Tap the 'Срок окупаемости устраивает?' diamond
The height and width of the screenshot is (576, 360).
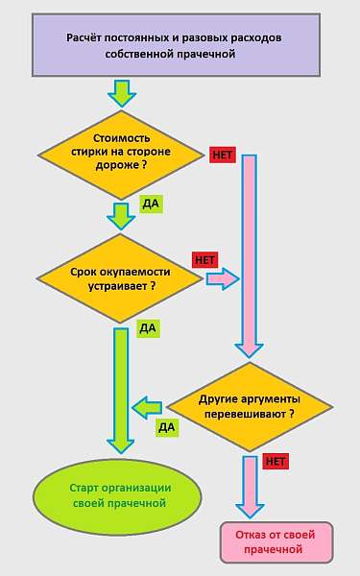(x=121, y=278)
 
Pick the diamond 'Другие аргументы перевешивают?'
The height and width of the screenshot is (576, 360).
(x=250, y=407)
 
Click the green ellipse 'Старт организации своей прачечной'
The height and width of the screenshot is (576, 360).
(x=118, y=494)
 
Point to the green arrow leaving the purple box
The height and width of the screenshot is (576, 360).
(x=122, y=93)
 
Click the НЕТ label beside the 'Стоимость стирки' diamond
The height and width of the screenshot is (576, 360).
(x=222, y=155)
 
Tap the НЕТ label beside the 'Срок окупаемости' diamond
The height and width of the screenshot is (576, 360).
(x=206, y=259)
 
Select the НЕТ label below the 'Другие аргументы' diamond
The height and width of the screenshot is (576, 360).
(x=276, y=462)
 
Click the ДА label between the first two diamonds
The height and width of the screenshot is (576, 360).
(x=151, y=204)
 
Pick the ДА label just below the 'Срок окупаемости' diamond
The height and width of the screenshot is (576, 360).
(x=147, y=328)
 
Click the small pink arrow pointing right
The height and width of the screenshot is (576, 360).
(x=222, y=279)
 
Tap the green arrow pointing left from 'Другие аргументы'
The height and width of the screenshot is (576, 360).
(x=152, y=407)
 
